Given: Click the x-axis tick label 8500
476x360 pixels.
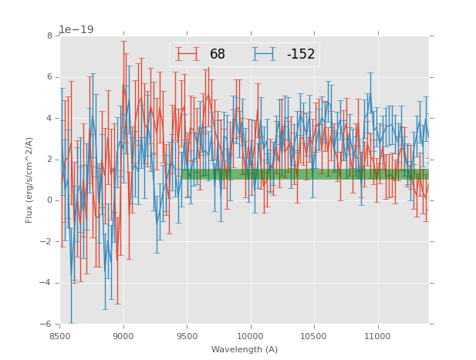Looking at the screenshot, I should [x=60, y=336].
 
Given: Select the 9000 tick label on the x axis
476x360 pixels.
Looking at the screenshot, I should [x=123, y=336].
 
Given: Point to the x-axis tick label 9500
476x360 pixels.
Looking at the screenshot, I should [x=187, y=336].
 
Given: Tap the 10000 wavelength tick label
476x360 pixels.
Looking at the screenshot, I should [x=251, y=336].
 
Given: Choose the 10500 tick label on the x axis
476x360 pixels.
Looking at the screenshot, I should [x=314, y=336].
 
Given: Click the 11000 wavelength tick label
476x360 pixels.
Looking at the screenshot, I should [x=378, y=336].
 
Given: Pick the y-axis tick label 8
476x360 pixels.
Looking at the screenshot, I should [x=50, y=35].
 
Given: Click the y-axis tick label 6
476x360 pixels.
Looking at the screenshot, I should [x=50, y=77].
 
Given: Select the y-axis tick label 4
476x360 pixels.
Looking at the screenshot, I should [x=50, y=118].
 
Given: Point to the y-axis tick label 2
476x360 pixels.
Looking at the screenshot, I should [x=50, y=160].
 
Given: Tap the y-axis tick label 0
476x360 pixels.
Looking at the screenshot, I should [x=50, y=200].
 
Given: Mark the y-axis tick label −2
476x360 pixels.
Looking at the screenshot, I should [x=48, y=242].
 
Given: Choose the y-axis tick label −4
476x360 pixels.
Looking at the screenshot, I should [x=48, y=283].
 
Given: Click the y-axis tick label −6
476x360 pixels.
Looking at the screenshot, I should [x=48, y=325].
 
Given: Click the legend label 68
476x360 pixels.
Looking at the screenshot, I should [x=218, y=55].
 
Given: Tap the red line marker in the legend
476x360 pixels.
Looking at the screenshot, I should [x=187, y=54].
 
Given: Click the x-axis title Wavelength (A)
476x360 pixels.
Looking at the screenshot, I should [x=245, y=349].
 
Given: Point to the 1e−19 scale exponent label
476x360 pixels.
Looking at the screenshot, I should [x=76, y=29].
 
